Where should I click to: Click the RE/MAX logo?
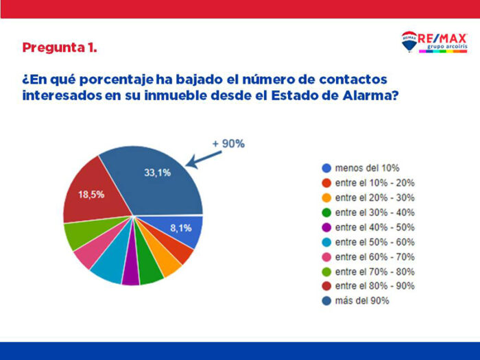tap(433, 42)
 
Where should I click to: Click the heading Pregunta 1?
tap(59, 48)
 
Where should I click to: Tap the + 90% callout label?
tap(228, 143)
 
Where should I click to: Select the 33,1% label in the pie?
tap(157, 173)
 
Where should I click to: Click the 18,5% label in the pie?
tap(91, 194)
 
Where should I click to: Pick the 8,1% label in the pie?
tap(181, 228)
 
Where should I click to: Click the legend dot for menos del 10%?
tap(326, 168)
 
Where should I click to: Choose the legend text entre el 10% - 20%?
tap(374, 183)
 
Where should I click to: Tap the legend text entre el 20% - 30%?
tap(374, 197)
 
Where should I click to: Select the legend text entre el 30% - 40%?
tap(374, 213)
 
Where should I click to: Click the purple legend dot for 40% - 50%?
tap(326, 227)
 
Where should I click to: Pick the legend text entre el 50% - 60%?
tap(374, 242)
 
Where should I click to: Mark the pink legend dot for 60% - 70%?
tap(326, 257)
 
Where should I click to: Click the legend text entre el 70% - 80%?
tap(374, 272)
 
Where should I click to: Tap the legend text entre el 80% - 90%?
tap(374, 287)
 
